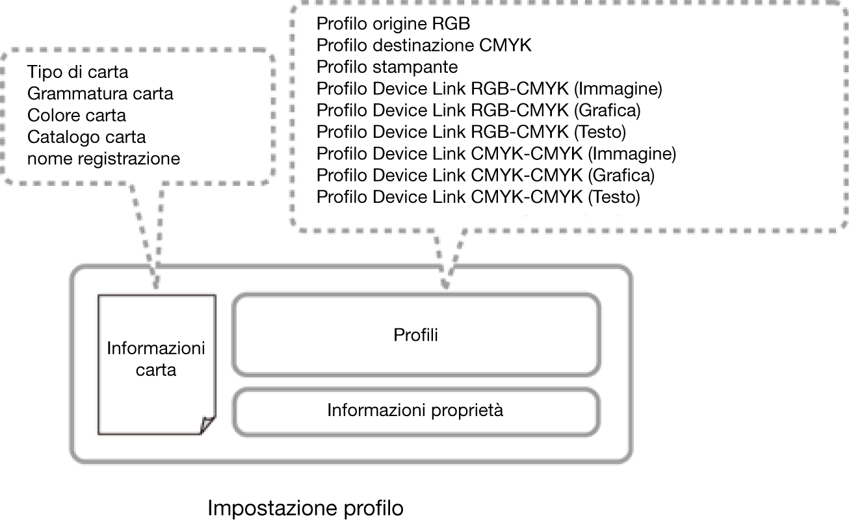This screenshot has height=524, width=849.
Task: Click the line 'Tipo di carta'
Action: coord(78,72)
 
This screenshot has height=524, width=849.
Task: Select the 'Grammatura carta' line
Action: coord(100,94)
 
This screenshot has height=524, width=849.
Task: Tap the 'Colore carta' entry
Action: coord(77,115)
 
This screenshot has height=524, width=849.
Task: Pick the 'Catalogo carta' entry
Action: coord(86,137)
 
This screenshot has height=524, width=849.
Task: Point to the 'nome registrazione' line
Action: coord(103,159)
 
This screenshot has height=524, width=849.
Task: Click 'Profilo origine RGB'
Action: coord(393,23)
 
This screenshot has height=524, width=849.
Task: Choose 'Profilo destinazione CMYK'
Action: coord(424,45)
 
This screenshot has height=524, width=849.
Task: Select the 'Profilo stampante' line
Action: coord(387,67)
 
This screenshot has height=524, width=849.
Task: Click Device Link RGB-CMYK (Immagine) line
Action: coord(490,88)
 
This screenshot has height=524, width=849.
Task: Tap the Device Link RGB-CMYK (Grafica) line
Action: coord(478,111)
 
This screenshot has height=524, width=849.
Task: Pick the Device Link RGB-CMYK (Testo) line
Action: coord(471,132)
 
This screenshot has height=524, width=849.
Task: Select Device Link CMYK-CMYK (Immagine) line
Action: coord(497,153)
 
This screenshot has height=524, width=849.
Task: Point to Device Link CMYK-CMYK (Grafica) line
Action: coord(486,175)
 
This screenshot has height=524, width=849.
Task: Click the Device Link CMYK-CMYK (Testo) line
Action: coord(478,197)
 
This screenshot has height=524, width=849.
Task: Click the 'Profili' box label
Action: coord(415,335)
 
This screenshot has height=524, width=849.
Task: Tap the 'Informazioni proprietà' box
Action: coord(415,412)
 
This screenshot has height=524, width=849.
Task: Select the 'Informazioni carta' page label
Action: coord(156,359)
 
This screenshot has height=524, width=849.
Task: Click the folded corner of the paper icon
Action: coord(207,425)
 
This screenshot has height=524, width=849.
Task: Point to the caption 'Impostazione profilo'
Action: coord(306,508)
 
